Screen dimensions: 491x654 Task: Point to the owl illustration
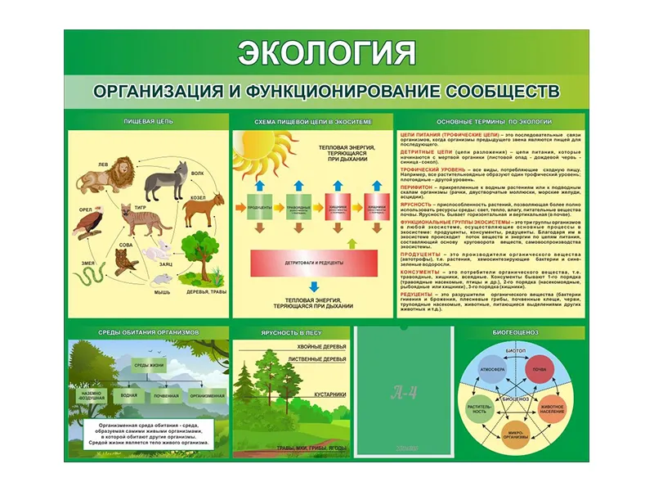pos(125,260)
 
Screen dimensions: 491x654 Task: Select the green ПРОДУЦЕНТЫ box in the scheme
pos(259,207)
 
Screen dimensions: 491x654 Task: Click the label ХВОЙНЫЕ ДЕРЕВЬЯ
pos(320,347)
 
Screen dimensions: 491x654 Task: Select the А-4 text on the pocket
pos(404,392)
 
